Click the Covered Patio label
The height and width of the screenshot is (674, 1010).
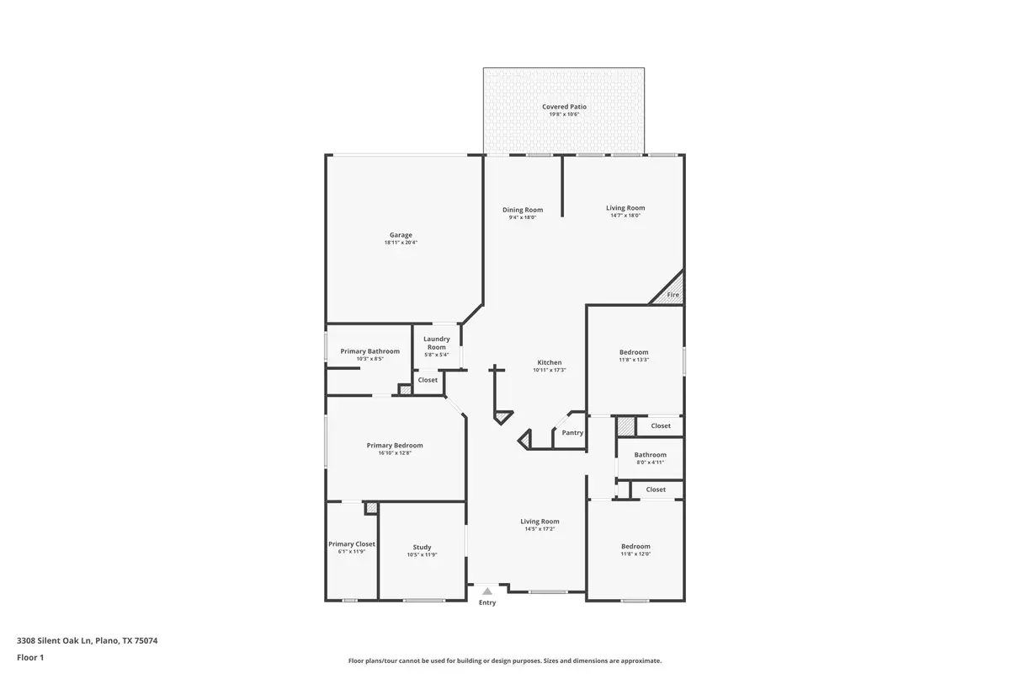click(x=564, y=107)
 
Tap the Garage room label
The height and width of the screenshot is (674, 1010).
click(x=401, y=235)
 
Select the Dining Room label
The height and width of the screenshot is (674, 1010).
click(x=523, y=210)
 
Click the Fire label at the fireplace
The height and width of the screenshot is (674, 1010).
click(x=672, y=295)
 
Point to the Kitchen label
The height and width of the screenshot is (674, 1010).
click(x=550, y=362)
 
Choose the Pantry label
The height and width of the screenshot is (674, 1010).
click(x=572, y=433)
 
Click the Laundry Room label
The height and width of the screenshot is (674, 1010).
click(x=436, y=343)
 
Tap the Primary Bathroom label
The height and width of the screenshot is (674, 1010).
click(x=369, y=351)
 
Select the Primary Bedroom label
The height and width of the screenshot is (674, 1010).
click(x=395, y=446)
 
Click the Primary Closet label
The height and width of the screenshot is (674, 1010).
click(x=352, y=544)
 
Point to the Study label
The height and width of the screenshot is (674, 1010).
click(x=422, y=548)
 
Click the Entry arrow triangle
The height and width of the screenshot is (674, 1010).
click(x=487, y=591)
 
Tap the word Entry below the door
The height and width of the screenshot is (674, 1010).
click(x=487, y=603)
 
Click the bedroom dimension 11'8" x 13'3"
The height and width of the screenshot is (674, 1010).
click(x=634, y=360)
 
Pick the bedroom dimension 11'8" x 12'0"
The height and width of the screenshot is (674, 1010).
click(x=635, y=554)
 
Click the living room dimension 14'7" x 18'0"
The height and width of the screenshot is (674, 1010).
click(x=625, y=216)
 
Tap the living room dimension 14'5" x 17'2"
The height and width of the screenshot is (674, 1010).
click(x=540, y=529)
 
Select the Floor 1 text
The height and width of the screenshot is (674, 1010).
click(x=30, y=657)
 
